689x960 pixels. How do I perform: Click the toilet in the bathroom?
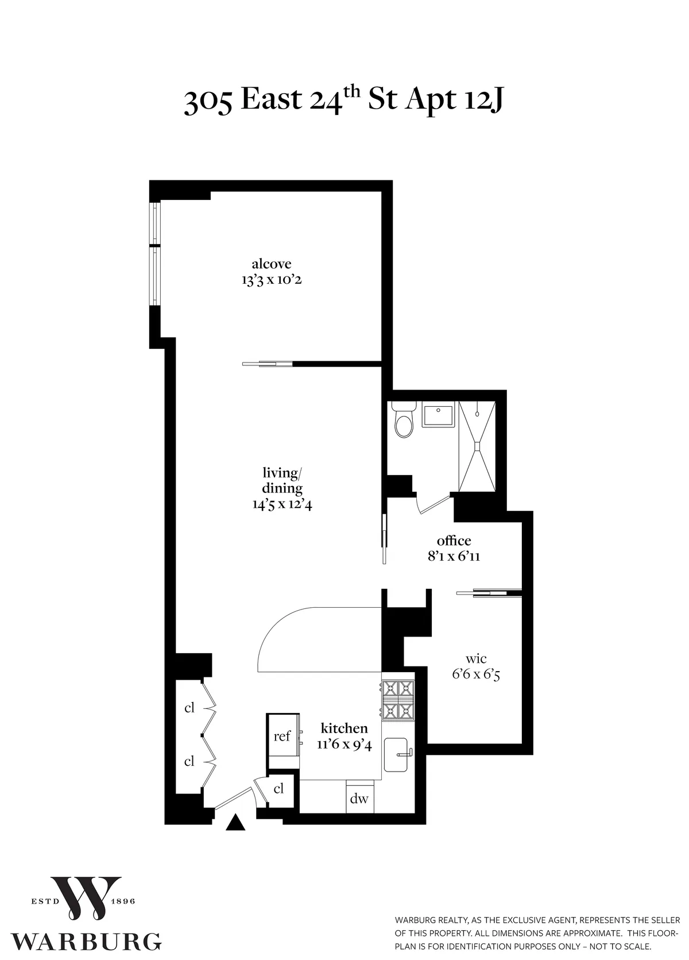pos(404,421)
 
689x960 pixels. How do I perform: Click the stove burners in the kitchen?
pos(398,699)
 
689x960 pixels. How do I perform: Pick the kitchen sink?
pos(397,755)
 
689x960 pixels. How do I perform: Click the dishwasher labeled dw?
pos(359,799)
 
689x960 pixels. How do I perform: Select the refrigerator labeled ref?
pos(282,736)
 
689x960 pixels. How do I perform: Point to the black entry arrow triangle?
pos(235,823)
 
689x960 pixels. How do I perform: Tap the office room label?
pos(454,541)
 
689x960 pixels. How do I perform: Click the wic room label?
pos(477,659)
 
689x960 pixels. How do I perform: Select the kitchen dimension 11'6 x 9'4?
pos(344,745)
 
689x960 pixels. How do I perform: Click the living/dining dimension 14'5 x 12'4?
pos(282,504)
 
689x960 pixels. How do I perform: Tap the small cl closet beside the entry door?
pos(278,789)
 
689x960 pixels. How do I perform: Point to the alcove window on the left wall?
pos(155,253)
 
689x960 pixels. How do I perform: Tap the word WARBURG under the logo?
pos(86,942)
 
